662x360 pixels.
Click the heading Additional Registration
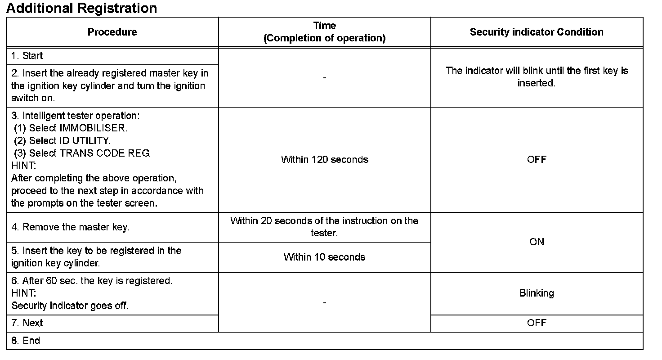pyautogui.click(x=81, y=8)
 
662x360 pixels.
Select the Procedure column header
pyautogui.click(x=112, y=32)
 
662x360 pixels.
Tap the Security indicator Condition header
pyautogui.click(x=537, y=32)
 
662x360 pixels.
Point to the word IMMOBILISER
pyautogui.click(x=93, y=128)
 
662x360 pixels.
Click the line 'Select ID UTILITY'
pyautogui.click(x=63, y=140)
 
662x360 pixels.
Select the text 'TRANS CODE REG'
pyautogui.click(x=105, y=153)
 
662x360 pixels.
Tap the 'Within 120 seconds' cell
pyautogui.click(x=324, y=159)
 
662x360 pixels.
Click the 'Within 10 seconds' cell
pyautogui.click(x=324, y=257)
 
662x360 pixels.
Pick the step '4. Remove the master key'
pyautogui.click(x=71, y=227)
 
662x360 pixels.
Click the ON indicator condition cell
pyautogui.click(x=537, y=242)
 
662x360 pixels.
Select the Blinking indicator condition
pyautogui.click(x=537, y=293)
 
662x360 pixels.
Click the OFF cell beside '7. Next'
pyautogui.click(x=537, y=323)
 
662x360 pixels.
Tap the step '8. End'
pyautogui.click(x=26, y=341)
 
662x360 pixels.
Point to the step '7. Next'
pyautogui.click(x=27, y=323)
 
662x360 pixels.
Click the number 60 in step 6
pyautogui.click(x=51, y=281)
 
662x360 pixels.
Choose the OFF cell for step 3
pyautogui.click(x=537, y=159)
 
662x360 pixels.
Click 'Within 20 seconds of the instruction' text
pyautogui.click(x=324, y=221)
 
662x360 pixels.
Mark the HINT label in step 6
pyautogui.click(x=23, y=293)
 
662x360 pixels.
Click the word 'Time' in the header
pyautogui.click(x=324, y=26)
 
